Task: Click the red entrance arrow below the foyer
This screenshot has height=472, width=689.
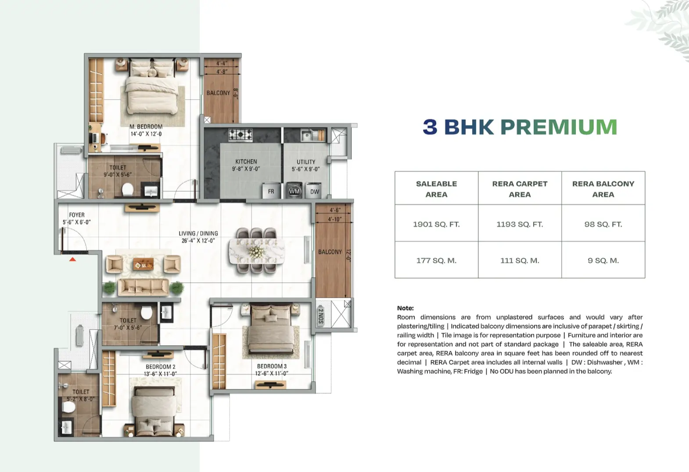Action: [72, 259]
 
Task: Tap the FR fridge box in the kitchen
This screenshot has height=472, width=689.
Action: [271, 191]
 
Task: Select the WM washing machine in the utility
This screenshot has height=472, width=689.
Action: [294, 191]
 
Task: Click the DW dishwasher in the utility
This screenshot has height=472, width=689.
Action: [314, 191]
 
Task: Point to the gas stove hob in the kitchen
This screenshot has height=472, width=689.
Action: [240, 135]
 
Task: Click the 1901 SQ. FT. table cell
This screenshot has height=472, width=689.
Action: [436, 224]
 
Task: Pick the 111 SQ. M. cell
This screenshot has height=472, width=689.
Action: [520, 261]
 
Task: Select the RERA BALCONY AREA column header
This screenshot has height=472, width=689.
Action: [603, 189]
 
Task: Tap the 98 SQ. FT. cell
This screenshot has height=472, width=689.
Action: [603, 224]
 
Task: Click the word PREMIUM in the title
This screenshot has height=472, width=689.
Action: [559, 127]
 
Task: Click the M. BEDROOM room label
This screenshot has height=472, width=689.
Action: [146, 126]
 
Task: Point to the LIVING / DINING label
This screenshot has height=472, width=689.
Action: [198, 233]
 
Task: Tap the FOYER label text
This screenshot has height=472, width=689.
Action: [77, 215]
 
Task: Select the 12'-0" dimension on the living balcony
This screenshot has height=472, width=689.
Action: [348, 255]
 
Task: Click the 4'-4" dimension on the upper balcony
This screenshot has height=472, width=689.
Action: [222, 63]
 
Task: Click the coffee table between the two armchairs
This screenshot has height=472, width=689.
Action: [143, 264]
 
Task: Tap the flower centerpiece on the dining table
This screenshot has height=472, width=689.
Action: [256, 252]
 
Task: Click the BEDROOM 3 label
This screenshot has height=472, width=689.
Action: [272, 366]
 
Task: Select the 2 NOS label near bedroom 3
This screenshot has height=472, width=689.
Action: [321, 316]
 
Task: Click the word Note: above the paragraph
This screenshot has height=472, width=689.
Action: [405, 308]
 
